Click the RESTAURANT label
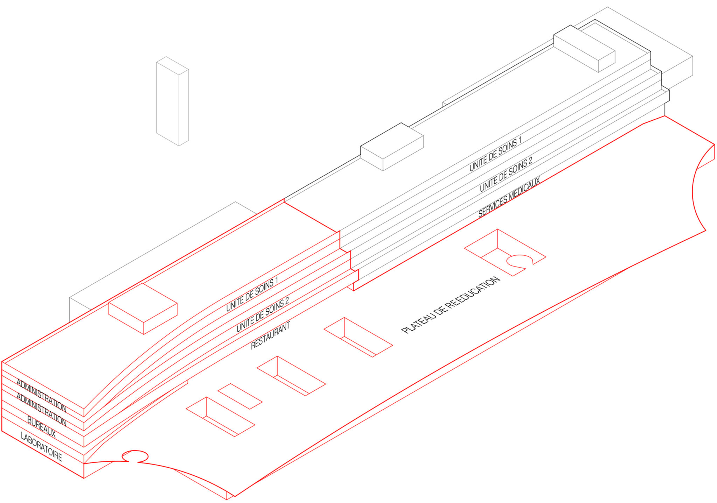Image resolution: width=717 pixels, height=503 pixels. coord(271,335)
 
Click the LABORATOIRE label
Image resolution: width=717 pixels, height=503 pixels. coord(41,447)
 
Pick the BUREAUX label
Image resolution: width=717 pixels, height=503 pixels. coord(41,427)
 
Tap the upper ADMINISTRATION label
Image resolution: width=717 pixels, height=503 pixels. coord(41,395)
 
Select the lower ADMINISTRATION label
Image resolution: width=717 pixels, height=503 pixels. coord(41,410)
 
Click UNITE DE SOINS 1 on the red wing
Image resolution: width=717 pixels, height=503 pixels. coord(252,294)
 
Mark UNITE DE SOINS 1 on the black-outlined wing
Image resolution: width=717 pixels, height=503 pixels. coord(495,154)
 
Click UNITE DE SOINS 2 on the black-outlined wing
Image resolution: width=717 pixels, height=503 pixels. coord(506,174)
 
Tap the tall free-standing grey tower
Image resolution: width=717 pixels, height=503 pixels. coord(172,101)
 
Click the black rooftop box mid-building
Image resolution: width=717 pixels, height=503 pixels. coord(392,146)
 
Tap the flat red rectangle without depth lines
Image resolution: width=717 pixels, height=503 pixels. coord(240,396)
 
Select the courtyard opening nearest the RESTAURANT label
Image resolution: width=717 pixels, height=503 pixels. coord(291,376)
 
